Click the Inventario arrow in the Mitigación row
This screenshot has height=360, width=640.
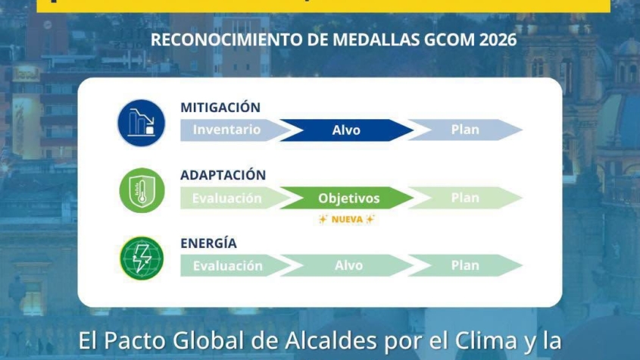click(x=233, y=130)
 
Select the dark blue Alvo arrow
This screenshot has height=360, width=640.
click(x=347, y=130)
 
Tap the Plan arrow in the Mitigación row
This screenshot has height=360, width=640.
click(x=465, y=130)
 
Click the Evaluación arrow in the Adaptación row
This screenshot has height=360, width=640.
click(x=233, y=198)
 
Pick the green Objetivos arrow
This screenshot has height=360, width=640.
click(x=347, y=198)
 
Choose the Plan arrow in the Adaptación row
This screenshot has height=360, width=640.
click(x=465, y=198)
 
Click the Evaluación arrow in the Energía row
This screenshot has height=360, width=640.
click(x=233, y=265)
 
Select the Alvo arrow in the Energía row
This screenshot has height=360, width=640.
click(x=347, y=265)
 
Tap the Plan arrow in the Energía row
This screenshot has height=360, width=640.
click(x=465, y=265)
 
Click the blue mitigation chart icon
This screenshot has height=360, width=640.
click(x=141, y=123)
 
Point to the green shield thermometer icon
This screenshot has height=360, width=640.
click(x=142, y=190)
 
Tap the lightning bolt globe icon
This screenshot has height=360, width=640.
click(x=142, y=258)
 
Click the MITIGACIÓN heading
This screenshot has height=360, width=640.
click(x=220, y=108)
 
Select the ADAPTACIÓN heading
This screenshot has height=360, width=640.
click(x=223, y=175)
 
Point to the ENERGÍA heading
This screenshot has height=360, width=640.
click(x=208, y=243)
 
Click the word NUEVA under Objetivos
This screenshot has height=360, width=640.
click(x=347, y=220)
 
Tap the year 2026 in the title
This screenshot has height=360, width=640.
click(x=498, y=40)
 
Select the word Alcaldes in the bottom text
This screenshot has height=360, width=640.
click(x=331, y=341)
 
